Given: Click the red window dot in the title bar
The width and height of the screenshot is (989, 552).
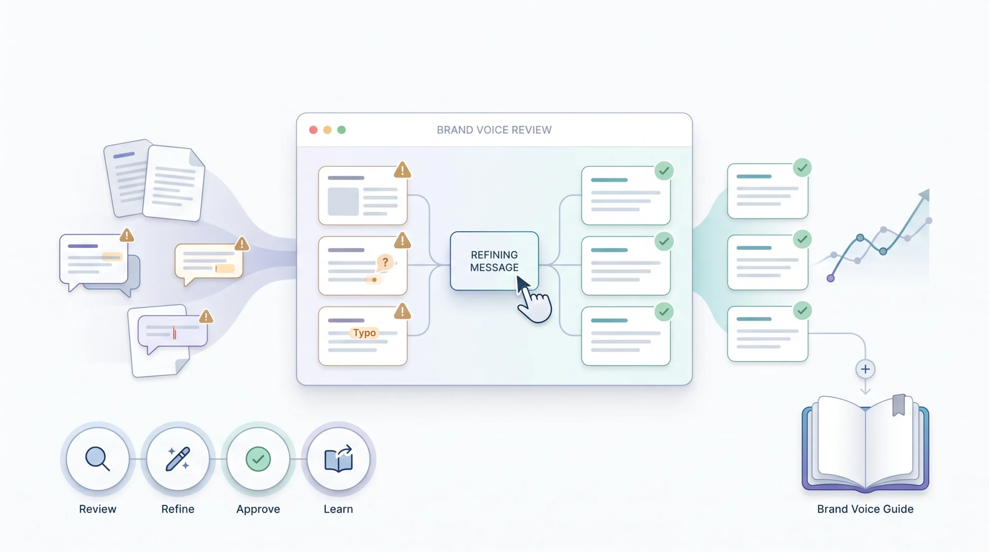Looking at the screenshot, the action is pos(313,130).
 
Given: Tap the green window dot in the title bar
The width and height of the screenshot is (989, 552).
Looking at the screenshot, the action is pos(342,130).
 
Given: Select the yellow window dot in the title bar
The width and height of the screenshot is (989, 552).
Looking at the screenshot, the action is pos(327,130).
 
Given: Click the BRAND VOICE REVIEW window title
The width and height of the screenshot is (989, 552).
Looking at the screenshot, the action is pos(494,130).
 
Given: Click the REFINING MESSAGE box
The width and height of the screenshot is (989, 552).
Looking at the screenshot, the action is pos(494,261).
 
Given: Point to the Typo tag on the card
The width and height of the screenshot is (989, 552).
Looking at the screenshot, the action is pos(364,333).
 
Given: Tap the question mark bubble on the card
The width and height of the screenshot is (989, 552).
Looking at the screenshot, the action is pos(385,263).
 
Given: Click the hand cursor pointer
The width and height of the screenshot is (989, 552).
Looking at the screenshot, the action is pos(534,301).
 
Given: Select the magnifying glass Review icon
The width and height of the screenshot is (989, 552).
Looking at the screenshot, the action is pos(97,459).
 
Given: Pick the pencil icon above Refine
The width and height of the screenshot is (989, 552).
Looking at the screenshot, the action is pos(178,459).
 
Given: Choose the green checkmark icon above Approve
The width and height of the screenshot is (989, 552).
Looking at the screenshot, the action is pos(258,459).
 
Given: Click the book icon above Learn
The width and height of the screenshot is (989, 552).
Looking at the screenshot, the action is pos(338,459).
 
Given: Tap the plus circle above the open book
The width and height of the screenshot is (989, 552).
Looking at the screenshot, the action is pos(865,369).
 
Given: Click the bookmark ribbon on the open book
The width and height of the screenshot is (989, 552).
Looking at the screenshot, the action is pos(899,405).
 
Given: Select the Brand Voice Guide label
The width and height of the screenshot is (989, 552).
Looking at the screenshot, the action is pos(865,509).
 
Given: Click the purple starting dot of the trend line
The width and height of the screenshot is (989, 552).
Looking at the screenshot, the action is pos(831,278).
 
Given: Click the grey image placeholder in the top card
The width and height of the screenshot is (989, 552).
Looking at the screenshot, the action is pos(343,201).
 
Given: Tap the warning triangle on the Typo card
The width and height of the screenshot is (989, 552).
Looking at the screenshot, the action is pos(403,311).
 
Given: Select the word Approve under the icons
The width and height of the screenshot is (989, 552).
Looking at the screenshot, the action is pos(258,509).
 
